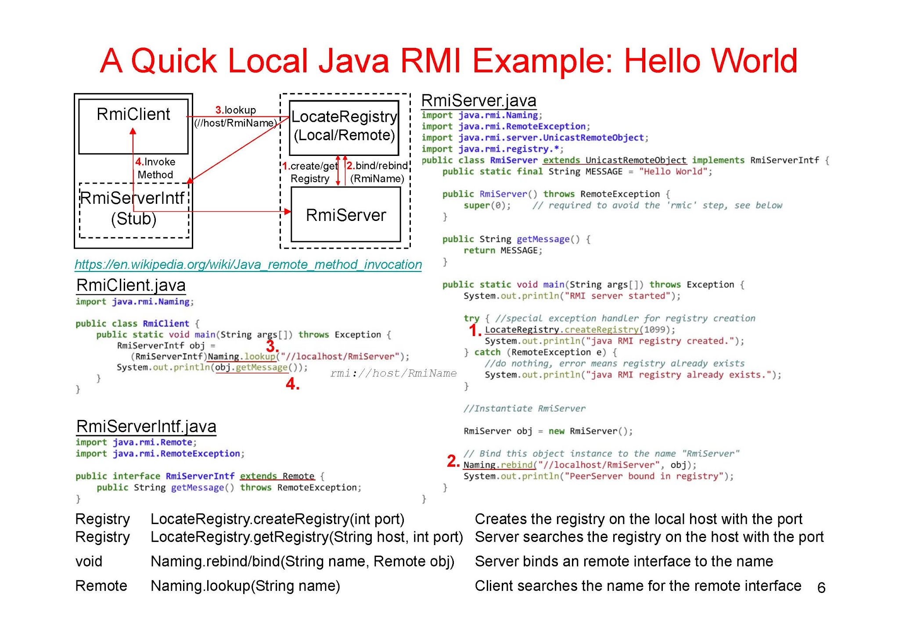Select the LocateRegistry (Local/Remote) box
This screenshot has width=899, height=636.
coord(344,126)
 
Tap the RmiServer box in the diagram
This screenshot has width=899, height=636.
coord(345,215)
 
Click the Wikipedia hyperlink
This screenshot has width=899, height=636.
coord(248,264)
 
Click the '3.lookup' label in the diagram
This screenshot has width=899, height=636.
coord(236,110)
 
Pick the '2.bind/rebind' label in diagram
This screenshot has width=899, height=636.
coord(377,166)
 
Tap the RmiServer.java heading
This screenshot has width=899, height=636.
coord(478,101)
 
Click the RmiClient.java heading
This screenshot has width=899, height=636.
coord(131,285)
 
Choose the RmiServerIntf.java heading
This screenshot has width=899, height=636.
coord(146,426)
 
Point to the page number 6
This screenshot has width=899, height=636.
coord(821,588)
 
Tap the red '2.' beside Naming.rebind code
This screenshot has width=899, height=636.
coord(453,461)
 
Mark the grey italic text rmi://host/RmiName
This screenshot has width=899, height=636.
coord(393,373)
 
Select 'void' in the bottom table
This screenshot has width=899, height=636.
coord(89,561)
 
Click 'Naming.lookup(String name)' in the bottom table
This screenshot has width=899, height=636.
coord(245,586)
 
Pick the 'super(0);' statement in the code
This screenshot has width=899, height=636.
coord(487,206)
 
